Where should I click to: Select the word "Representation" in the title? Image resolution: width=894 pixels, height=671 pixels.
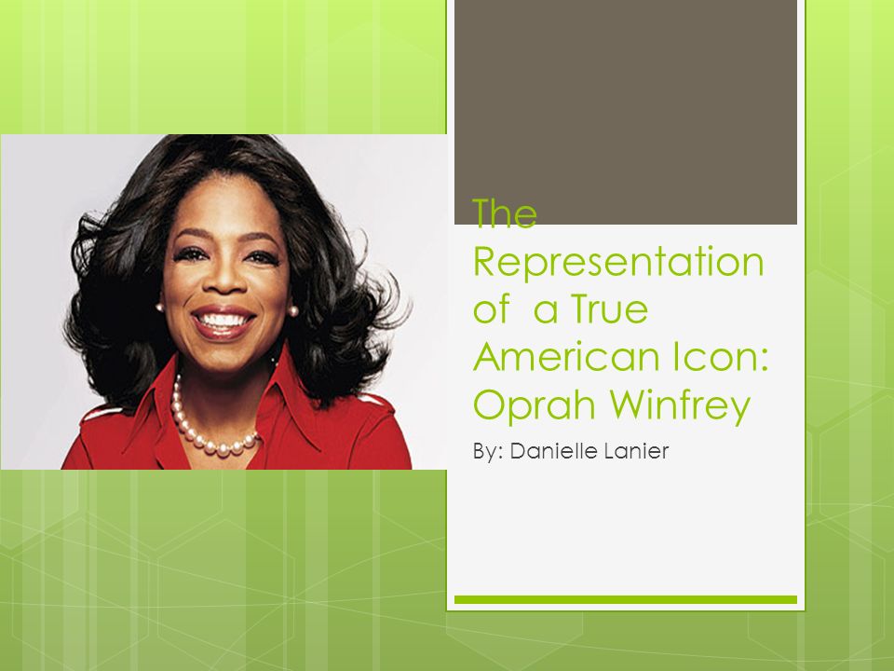(x=618, y=264)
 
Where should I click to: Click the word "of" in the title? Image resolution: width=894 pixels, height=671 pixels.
(x=490, y=310)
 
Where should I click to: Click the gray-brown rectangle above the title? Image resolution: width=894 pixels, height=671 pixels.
(x=625, y=112)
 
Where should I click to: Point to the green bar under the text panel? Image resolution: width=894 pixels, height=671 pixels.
(x=625, y=599)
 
